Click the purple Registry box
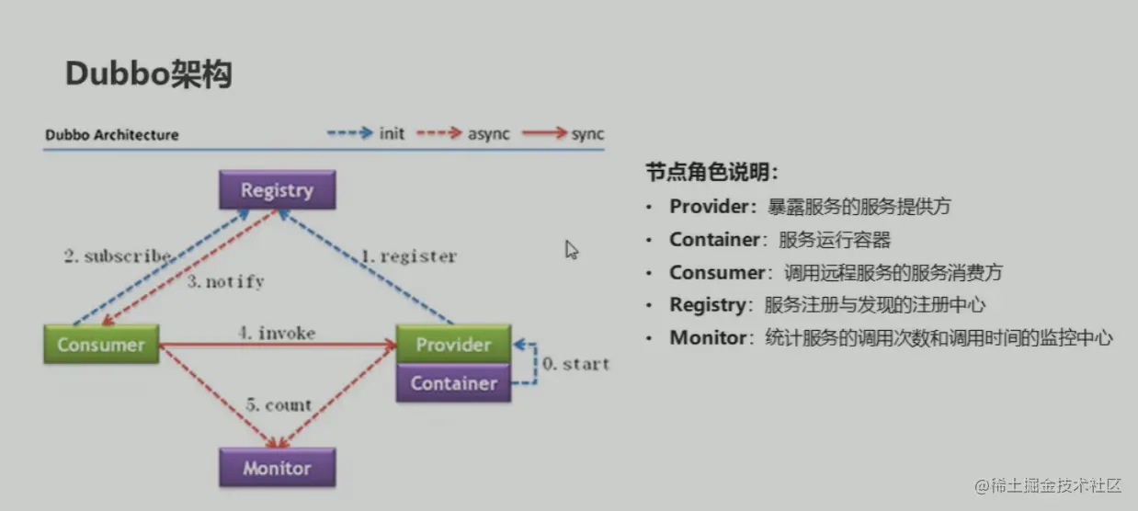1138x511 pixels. click(x=277, y=190)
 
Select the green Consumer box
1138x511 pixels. click(x=101, y=345)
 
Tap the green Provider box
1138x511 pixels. click(x=453, y=344)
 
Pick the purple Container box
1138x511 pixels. click(x=453, y=382)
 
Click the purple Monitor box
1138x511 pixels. click(x=277, y=468)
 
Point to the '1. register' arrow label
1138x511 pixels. click(x=407, y=256)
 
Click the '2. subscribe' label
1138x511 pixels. click(x=117, y=256)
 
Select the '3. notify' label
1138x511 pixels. click(x=225, y=282)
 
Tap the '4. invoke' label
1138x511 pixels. click(x=277, y=333)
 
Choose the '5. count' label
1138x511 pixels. click(x=279, y=404)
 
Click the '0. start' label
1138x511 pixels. click(x=575, y=364)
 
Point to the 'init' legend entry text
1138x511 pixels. click(x=392, y=134)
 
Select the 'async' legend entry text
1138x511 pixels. click(x=488, y=134)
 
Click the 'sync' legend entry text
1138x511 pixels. click(x=587, y=134)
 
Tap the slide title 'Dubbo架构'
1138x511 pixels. click(x=148, y=74)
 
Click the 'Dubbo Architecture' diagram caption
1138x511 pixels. click(x=112, y=135)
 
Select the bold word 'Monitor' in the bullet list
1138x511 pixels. click(x=708, y=337)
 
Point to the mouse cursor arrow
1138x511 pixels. click(x=571, y=249)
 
